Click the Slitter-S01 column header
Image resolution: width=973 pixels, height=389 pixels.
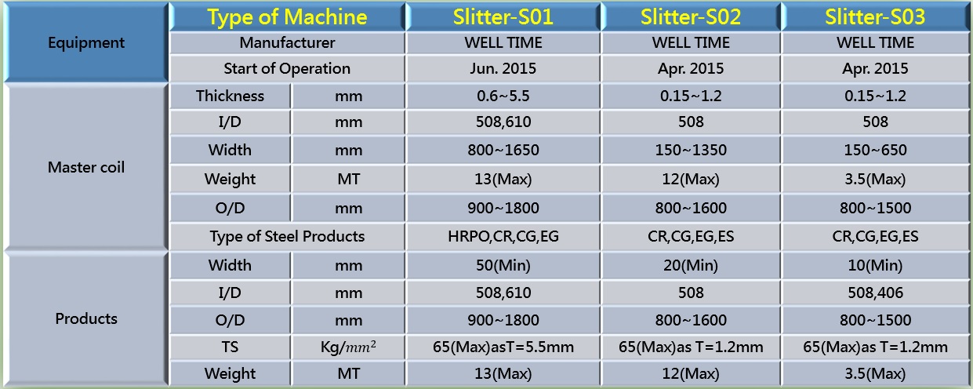503,17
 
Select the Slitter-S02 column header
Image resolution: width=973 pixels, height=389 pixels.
691,17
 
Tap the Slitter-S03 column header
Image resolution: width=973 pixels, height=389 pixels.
875,17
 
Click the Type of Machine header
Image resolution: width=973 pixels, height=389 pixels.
287,17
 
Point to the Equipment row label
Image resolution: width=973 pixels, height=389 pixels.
86,42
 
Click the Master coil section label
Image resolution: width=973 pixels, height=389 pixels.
86,167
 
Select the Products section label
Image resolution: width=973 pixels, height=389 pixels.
86,318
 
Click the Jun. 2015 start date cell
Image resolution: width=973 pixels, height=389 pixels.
503,68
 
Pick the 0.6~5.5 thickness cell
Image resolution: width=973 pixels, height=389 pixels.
503,96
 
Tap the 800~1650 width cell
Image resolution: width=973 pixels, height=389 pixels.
503,150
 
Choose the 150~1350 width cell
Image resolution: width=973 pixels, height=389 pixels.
691,150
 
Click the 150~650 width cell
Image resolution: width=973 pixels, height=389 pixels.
875,150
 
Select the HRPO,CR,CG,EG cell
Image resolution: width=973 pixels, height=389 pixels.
503,236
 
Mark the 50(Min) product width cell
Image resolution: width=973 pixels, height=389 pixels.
503,265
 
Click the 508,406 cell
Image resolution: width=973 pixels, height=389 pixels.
875,293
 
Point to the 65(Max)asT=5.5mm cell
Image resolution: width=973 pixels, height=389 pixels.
503,347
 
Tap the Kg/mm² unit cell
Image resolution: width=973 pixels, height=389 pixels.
348,347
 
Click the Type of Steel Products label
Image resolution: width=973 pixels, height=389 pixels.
287,236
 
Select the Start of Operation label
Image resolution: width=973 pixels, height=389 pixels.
287,68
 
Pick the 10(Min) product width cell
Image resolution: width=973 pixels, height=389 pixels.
875,265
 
